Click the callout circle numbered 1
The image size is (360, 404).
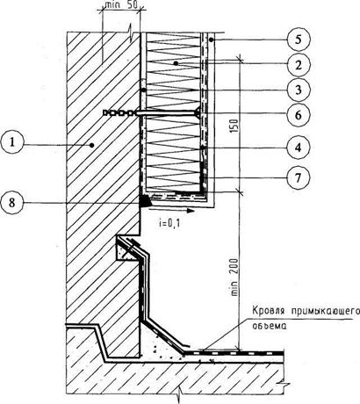tap(11, 142)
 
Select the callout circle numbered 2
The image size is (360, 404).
tap(298, 64)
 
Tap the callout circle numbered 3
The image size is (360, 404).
tap(298, 90)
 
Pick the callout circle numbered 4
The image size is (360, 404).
tap(298, 148)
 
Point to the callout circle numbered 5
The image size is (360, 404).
tap(298, 40)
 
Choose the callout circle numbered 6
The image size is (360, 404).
tap(298, 114)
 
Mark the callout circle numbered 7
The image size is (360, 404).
tap(298, 177)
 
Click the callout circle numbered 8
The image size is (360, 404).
tap(11, 203)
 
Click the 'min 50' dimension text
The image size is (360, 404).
tap(121, 4)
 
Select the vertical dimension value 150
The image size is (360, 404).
tap(234, 126)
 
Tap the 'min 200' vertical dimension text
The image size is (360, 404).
tap(234, 277)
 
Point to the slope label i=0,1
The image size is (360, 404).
tap(169, 223)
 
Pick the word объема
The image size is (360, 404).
tap(270, 326)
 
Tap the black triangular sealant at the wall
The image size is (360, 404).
tap(145, 201)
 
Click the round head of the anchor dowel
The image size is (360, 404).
tap(198, 112)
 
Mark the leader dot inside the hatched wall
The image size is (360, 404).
tap(92, 145)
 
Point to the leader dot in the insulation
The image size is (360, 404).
tap(176, 62)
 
